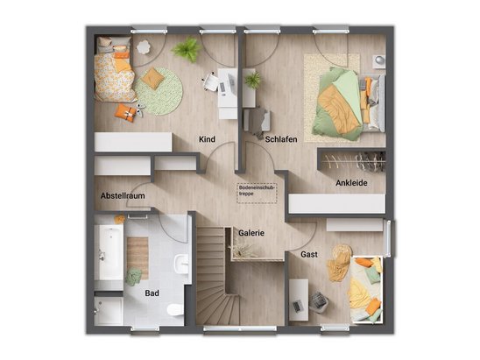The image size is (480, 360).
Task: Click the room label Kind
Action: [207, 139]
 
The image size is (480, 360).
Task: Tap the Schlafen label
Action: [281, 139]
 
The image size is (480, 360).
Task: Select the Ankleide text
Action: [351, 183]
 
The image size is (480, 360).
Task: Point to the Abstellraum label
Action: [123, 196]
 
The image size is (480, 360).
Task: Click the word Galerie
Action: [251, 233]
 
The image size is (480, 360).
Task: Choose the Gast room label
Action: [309, 254]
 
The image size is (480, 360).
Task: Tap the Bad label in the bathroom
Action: [152, 293]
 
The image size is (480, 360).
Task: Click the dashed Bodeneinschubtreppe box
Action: [257, 194]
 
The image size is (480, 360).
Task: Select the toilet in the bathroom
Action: [175, 309]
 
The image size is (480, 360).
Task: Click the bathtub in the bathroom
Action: [109, 252]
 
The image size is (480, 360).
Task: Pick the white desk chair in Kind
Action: [210, 82]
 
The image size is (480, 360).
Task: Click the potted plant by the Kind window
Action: [187, 49]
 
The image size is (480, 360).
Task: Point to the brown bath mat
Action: [138, 258]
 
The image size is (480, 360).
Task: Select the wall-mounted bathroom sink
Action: [181, 264]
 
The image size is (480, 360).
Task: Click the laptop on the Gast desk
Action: [297, 306]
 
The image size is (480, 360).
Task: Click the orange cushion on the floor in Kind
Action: [126, 113]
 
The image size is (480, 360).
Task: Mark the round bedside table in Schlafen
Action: [379, 60]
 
